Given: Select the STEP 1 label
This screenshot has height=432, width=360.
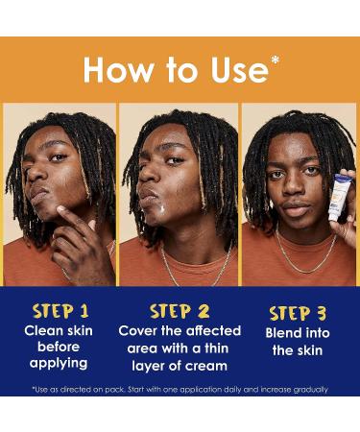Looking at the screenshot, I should (x=60, y=311).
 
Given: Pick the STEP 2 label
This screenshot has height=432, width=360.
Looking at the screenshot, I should (x=180, y=311).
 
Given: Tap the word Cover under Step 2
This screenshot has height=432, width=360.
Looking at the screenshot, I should (x=143, y=331).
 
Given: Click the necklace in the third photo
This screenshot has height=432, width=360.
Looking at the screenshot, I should (x=305, y=259).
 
